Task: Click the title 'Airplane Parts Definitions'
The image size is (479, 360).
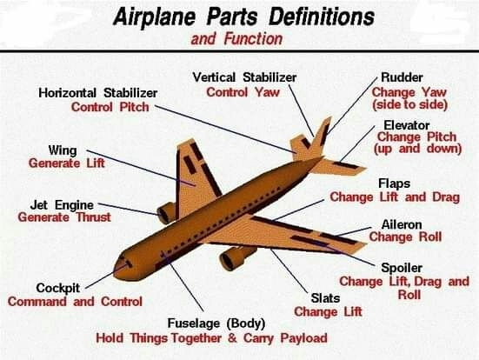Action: [x=243, y=17]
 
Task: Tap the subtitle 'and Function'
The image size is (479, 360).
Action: [x=236, y=39]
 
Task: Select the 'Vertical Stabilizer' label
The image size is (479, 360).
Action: [x=244, y=77]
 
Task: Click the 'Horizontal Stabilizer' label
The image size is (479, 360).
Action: [x=98, y=93]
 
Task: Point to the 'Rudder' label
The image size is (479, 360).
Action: [x=402, y=77]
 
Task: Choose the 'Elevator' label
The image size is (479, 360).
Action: [x=407, y=125]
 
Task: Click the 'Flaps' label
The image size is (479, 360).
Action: [x=394, y=183]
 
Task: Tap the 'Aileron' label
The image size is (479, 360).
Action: [x=402, y=224]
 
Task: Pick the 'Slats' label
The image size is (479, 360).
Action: [x=325, y=298]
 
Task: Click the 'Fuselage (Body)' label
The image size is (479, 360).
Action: [x=216, y=323]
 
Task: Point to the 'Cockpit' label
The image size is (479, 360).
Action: [x=57, y=288]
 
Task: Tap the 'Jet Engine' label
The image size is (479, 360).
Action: [x=62, y=205]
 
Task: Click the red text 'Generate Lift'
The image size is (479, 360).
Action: [x=67, y=163]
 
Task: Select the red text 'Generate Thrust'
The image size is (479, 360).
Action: [x=64, y=217]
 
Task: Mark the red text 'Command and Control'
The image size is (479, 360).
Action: [x=75, y=302]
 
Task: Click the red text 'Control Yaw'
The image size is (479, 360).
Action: [x=243, y=92]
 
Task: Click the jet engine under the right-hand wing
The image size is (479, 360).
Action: [x=236, y=257]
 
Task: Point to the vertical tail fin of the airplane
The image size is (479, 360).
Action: [x=321, y=136]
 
